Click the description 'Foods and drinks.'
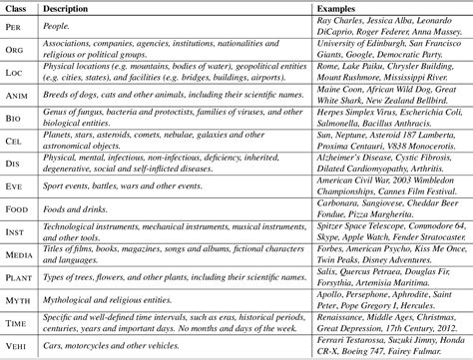pyautogui.click(x=91, y=206)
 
